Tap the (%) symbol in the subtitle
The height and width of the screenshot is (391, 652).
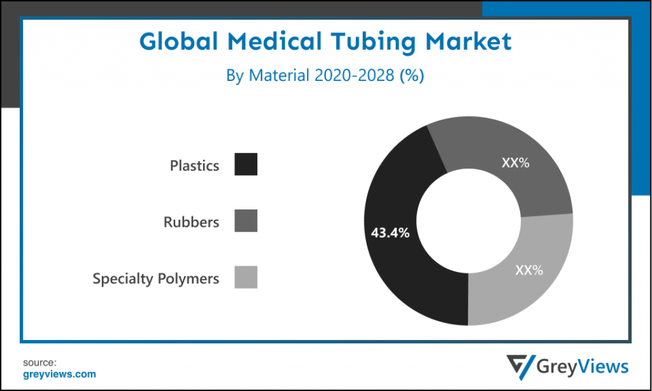pyautogui.click(x=411, y=75)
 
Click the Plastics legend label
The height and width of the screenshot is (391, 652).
pyautogui.click(x=194, y=166)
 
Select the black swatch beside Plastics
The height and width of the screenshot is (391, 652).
pyautogui.click(x=246, y=164)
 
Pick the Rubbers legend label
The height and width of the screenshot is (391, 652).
pyautogui.click(x=191, y=222)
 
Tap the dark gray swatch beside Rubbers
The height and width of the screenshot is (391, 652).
pyautogui.click(x=246, y=220)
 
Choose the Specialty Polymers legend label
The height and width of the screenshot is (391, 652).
pyautogui.click(x=156, y=278)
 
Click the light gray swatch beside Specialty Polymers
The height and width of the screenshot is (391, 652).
pyautogui.click(x=246, y=277)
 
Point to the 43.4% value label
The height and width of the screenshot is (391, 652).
pyautogui.click(x=390, y=232)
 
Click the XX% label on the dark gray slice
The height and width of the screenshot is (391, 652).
pyautogui.click(x=516, y=162)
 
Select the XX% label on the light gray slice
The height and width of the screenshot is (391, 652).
pyautogui.click(x=529, y=270)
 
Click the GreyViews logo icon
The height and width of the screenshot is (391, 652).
pyautogui.click(x=520, y=366)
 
